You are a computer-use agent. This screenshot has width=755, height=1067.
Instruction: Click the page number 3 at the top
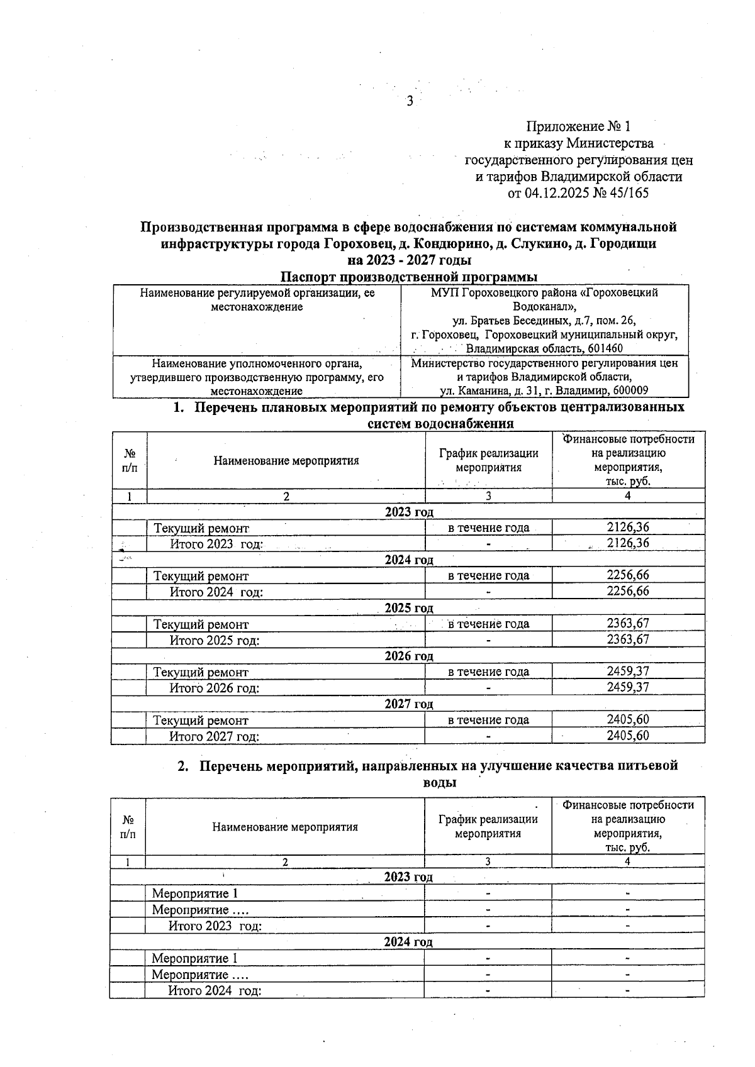410,101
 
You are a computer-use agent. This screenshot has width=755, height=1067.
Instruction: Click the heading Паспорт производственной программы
409,277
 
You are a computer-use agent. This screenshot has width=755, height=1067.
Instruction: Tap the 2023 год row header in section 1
409,512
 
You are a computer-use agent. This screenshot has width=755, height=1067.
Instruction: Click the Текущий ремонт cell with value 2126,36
201,528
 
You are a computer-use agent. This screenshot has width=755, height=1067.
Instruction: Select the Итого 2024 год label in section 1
216,592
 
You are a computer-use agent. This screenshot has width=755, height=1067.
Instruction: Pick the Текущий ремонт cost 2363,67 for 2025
628,623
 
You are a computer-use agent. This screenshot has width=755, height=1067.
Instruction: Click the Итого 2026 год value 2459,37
628,687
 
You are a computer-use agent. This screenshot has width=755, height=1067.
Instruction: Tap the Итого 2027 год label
214,736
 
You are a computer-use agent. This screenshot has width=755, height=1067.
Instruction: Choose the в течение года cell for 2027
488,720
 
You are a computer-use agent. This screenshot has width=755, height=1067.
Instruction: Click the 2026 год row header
409,656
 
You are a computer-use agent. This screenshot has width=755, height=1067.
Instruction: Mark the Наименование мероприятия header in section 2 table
285,827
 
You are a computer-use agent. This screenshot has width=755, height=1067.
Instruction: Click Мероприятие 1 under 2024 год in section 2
195,958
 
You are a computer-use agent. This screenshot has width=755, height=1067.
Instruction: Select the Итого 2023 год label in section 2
215,926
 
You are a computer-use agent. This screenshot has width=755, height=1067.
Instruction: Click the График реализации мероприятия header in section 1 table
488,460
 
